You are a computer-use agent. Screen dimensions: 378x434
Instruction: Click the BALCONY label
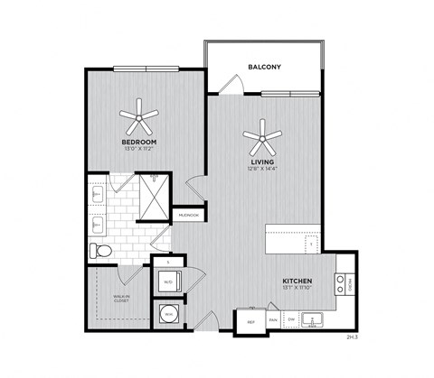pos(266,66)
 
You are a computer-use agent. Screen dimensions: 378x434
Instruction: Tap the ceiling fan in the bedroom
pos(140,115)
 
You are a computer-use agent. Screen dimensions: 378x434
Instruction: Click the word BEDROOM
pos(140,142)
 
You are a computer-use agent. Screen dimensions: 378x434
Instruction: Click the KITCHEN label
pos(298,280)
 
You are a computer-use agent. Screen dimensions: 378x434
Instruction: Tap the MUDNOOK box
pos(190,216)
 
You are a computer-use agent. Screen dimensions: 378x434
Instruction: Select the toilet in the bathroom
pos(100,250)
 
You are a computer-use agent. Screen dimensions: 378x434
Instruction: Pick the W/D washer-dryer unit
pos(169,281)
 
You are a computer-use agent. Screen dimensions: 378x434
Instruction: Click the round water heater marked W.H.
pos(169,315)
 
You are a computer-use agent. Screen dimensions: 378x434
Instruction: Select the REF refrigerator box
pos(251,321)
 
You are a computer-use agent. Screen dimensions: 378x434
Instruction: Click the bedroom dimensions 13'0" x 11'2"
pos(140,149)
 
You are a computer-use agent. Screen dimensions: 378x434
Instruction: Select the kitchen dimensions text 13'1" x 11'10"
pos(298,289)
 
